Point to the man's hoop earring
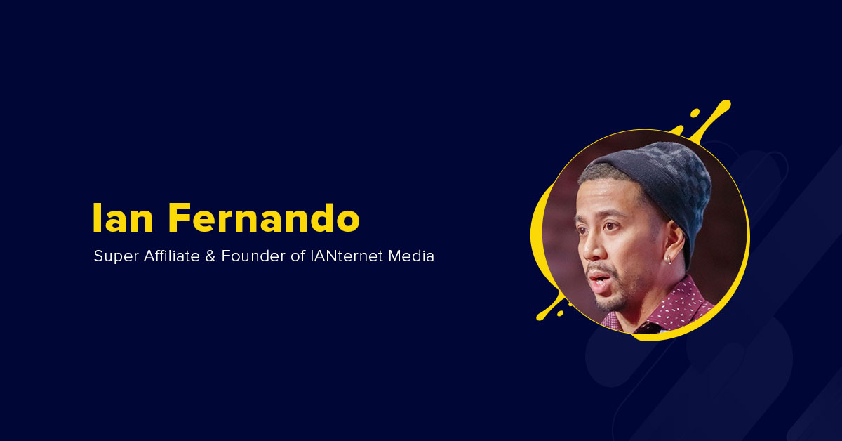coord(670,261)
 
